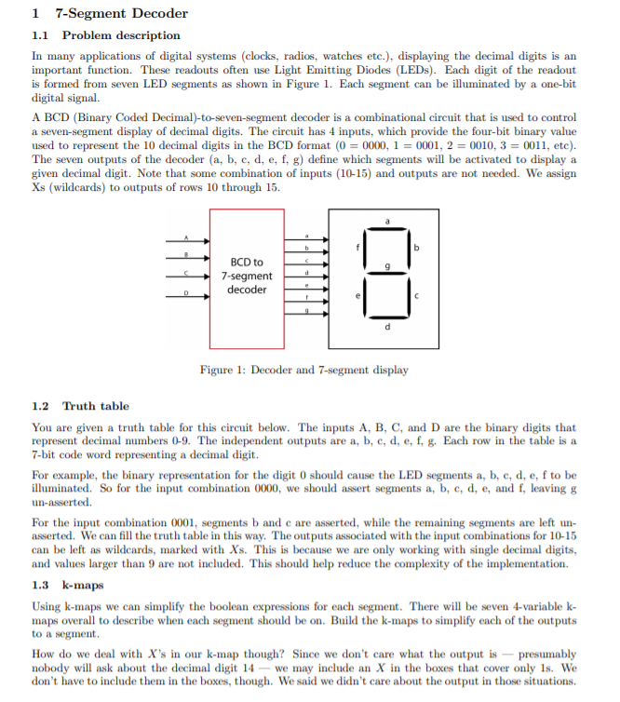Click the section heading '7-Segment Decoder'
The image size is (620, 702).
point(121,13)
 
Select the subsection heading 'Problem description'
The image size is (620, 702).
point(121,35)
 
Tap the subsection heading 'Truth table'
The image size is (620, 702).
point(96,406)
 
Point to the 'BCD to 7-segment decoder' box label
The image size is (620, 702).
point(247,276)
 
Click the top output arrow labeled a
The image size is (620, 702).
point(306,239)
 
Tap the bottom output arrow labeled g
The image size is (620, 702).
point(306,317)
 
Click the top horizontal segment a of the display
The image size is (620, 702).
point(386,231)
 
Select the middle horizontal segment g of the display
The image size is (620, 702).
point(386,277)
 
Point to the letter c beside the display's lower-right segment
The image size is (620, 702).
point(418,296)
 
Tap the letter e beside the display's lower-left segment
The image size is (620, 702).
point(355,296)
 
